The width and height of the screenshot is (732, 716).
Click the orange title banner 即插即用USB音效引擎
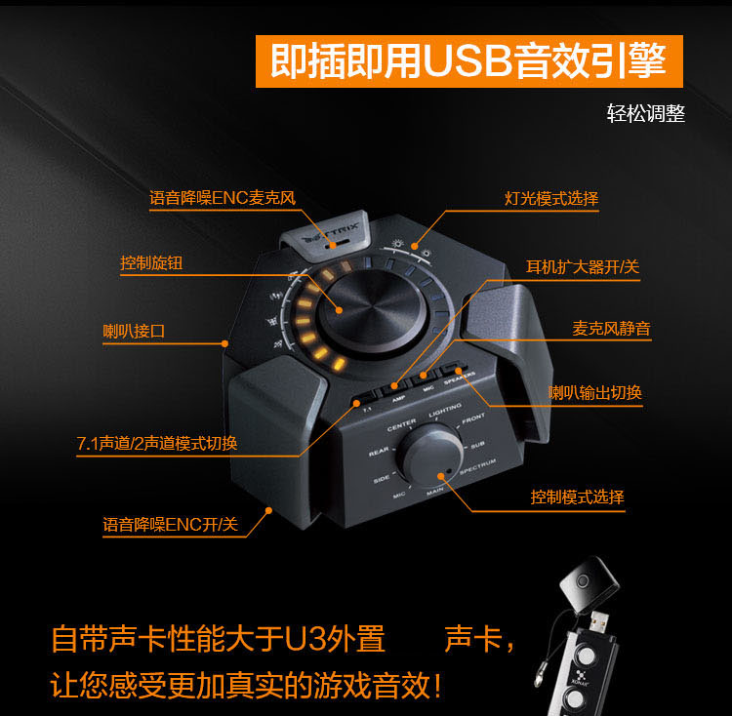[468, 61]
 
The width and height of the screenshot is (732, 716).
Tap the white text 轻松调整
[645, 113]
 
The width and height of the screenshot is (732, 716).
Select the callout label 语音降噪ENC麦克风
[222, 198]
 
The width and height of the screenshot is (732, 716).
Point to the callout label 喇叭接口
[134, 331]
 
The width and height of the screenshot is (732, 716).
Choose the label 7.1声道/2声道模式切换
[157, 443]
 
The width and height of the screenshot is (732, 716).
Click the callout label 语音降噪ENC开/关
[171, 524]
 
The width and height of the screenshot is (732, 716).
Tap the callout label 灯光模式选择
[551, 199]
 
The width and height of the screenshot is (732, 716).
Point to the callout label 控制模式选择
[577, 497]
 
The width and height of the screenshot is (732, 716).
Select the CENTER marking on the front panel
[401, 425]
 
